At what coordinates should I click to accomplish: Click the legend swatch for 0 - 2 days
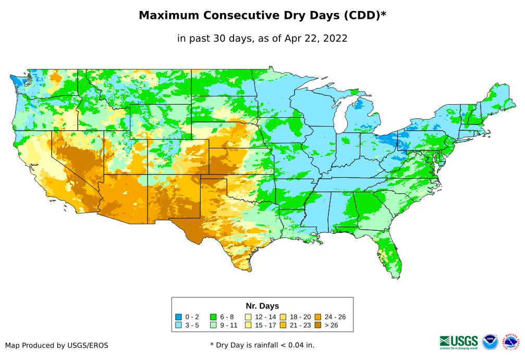click(x=179, y=317)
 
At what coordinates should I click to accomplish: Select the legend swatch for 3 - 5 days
click(x=179, y=325)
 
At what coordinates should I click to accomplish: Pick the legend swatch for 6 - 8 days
click(x=213, y=317)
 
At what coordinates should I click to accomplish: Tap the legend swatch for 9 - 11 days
click(x=213, y=325)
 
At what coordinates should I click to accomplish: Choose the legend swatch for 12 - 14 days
click(x=248, y=317)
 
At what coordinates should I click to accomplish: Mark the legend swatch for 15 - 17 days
click(x=248, y=325)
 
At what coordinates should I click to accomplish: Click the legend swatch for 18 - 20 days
click(x=283, y=317)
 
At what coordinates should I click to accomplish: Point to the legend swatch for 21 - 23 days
click(x=283, y=325)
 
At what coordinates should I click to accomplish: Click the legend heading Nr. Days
click(x=262, y=306)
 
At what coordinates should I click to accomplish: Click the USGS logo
click(x=459, y=341)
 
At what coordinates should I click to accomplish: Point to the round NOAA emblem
click(x=490, y=342)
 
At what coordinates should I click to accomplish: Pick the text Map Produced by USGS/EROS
click(x=57, y=345)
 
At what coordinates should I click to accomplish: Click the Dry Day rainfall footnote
click(x=262, y=345)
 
